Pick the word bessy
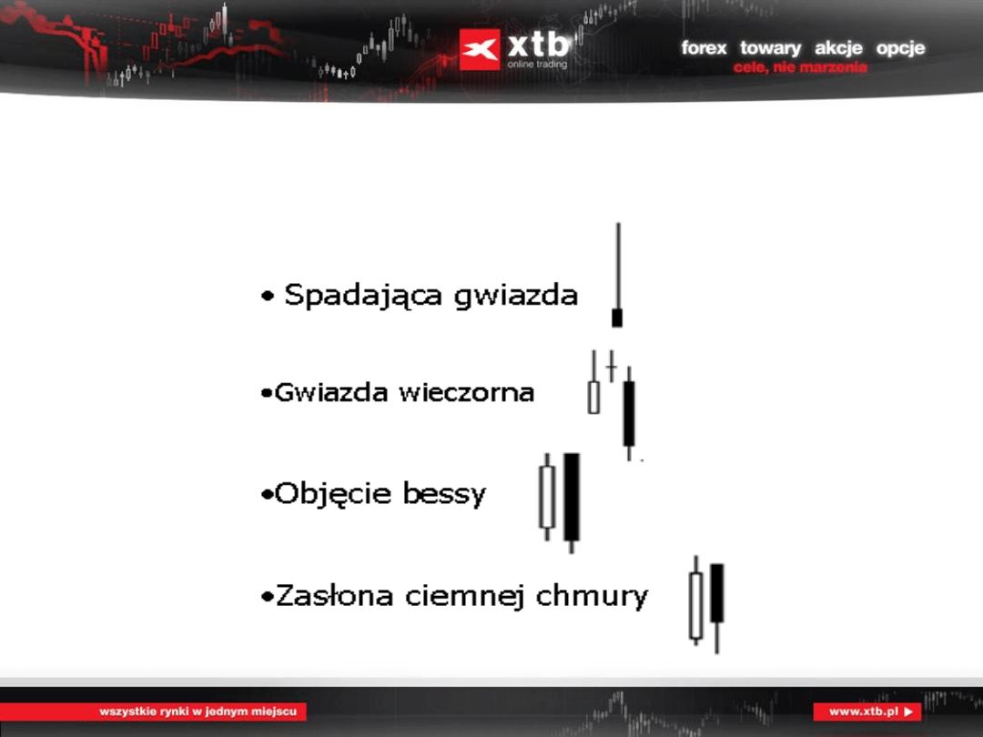pyautogui.click(x=445, y=495)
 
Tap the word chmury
pyautogui.click(x=593, y=597)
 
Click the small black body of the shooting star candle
pyautogui.click(x=617, y=318)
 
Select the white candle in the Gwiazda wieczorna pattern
pyautogui.click(x=593, y=398)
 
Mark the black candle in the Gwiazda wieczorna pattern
pyautogui.click(x=629, y=414)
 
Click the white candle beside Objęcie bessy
pyautogui.click(x=547, y=497)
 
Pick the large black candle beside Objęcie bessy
pyautogui.click(x=572, y=497)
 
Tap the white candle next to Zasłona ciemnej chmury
pyautogui.click(x=696, y=605)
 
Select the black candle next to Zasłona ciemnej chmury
pyautogui.click(x=717, y=593)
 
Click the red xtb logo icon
pyautogui.click(x=480, y=49)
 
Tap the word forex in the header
pyautogui.click(x=704, y=48)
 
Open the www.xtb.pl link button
pyautogui.click(x=867, y=712)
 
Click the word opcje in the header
pyautogui.click(x=900, y=48)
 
